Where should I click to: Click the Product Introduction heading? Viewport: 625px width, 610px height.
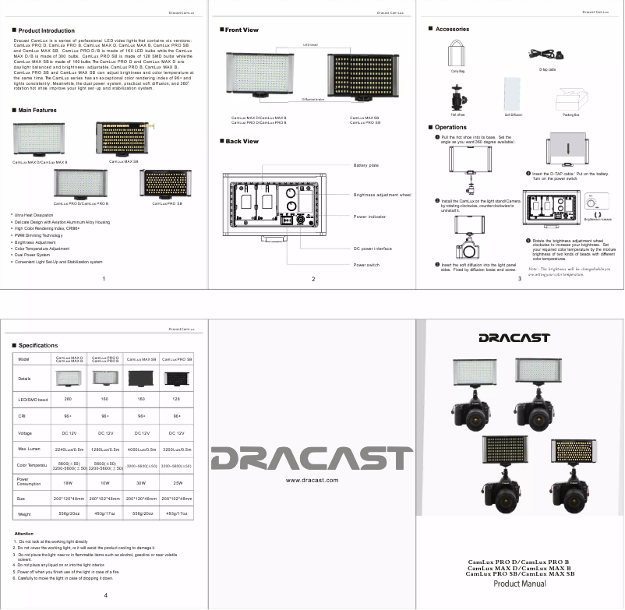pos(46,30)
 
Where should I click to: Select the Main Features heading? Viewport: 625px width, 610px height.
pos(37,110)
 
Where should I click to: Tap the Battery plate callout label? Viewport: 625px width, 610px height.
pos(366,165)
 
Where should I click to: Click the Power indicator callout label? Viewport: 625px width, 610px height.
pos(370,217)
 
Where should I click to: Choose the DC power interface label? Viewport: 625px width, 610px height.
pos(373,249)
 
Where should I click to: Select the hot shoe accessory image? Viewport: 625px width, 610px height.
pos(457,97)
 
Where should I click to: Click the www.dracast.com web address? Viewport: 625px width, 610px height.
pos(312,481)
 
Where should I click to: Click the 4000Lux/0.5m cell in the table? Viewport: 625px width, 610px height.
pos(142,449)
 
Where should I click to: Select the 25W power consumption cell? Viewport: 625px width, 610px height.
pos(179,482)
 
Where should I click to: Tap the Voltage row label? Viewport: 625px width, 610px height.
pos(24,432)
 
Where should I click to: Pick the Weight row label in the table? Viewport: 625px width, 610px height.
pos(24,514)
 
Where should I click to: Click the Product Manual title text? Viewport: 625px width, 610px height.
pos(520,584)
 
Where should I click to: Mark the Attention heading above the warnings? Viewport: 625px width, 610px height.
pos(23,533)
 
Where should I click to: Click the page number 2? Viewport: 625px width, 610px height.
pos(312,279)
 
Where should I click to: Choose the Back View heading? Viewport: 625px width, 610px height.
pos(242,142)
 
